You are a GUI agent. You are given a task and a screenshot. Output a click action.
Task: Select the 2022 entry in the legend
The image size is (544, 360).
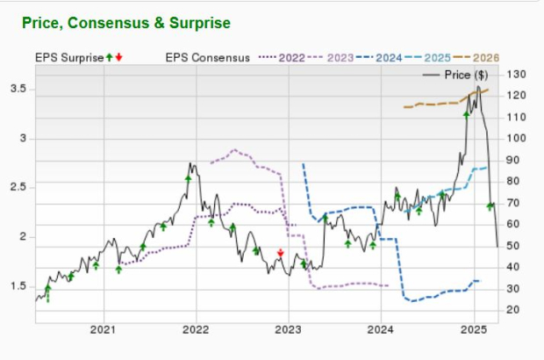291,58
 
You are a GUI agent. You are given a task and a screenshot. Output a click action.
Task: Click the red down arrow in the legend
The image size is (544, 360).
119,58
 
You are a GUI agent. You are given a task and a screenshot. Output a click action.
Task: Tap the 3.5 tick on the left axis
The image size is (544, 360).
23,89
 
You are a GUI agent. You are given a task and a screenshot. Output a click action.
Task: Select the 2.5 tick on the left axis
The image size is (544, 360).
23,187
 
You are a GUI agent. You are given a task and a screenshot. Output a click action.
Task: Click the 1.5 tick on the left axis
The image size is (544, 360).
23,286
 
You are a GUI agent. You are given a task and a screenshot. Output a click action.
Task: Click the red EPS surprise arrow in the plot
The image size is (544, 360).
280,254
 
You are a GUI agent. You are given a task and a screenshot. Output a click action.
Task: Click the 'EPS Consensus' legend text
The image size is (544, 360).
207,58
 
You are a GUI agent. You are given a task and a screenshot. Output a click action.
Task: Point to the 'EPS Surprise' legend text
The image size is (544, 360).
69,58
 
